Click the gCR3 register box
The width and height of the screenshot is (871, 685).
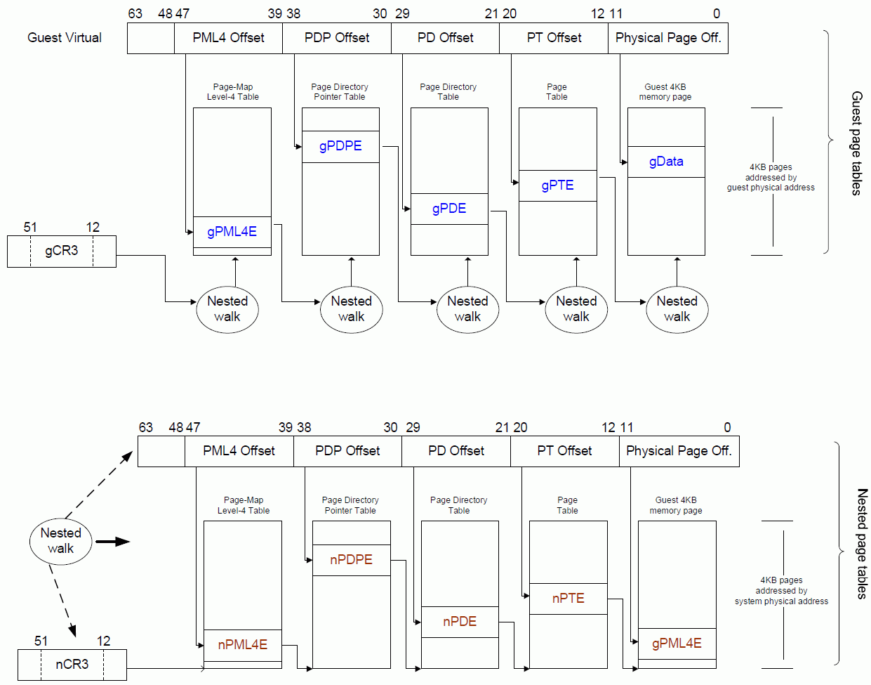pyautogui.click(x=62, y=252)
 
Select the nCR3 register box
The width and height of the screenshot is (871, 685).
pyautogui.click(x=72, y=665)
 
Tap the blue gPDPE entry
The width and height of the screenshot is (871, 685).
pyautogui.click(x=340, y=146)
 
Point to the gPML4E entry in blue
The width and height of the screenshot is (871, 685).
pyautogui.click(x=232, y=232)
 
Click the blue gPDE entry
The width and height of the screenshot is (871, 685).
pyautogui.click(x=449, y=209)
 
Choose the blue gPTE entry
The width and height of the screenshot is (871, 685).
pyautogui.click(x=557, y=185)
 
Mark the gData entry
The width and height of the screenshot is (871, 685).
pyautogui.click(x=666, y=162)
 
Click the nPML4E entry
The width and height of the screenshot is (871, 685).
pyautogui.click(x=242, y=645)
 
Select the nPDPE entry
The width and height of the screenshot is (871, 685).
pyautogui.click(x=351, y=560)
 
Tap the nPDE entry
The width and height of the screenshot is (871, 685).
pyautogui.click(x=460, y=622)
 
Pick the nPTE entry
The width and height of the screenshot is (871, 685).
pyautogui.click(x=568, y=599)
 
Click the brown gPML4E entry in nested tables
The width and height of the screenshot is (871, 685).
pyautogui.click(x=677, y=644)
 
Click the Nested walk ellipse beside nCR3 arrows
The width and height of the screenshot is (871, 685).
pyautogui.click(x=61, y=541)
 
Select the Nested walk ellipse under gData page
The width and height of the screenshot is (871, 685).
pyautogui.click(x=677, y=309)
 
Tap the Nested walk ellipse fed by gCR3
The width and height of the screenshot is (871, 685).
pyautogui.click(x=227, y=309)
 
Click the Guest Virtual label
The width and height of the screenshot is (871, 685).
pyautogui.click(x=65, y=38)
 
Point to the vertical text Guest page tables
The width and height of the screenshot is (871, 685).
pyautogui.click(x=856, y=143)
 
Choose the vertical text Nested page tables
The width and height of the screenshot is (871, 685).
pyautogui.click(x=863, y=544)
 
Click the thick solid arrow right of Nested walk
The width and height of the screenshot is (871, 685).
pyautogui.click(x=112, y=542)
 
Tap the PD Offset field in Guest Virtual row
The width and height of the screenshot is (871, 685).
pyautogui.click(x=445, y=38)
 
